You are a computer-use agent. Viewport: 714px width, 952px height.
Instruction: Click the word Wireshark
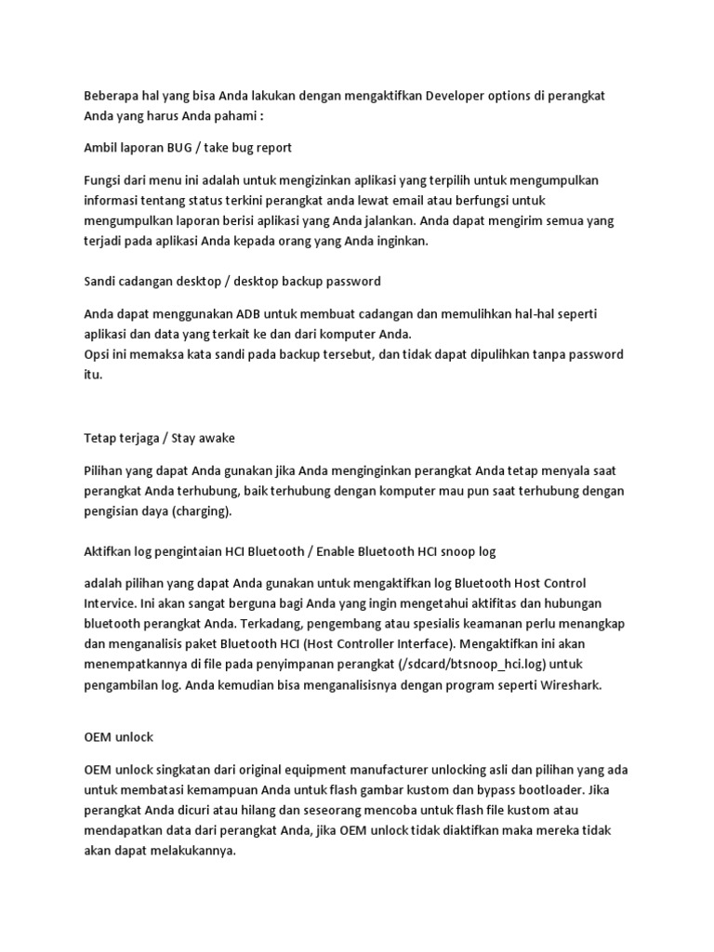click(x=567, y=686)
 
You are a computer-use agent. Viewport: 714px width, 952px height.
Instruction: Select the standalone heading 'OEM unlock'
click(x=118, y=736)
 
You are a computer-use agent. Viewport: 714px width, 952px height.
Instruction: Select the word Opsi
click(x=99, y=354)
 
